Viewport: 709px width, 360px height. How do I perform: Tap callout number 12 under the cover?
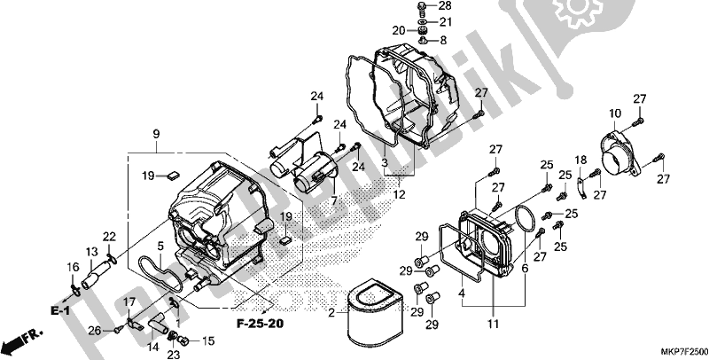[401, 194]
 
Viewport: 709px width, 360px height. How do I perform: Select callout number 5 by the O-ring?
[160, 246]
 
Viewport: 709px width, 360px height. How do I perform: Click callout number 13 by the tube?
[90, 252]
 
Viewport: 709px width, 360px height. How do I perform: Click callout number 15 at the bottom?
[209, 340]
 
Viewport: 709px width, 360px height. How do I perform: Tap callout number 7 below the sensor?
[334, 202]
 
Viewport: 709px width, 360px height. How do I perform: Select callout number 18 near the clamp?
[582, 160]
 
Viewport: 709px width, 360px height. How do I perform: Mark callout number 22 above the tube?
[109, 236]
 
